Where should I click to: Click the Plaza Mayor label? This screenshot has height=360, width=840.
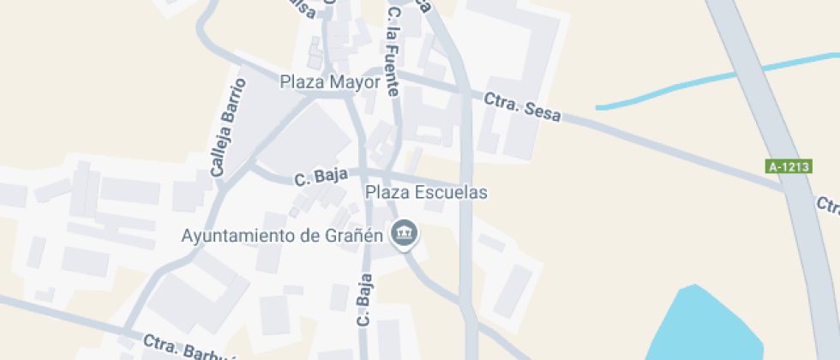(x=330, y=82)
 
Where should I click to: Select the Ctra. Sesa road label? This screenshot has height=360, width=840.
(x=522, y=108)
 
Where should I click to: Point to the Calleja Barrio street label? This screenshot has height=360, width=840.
(x=228, y=128)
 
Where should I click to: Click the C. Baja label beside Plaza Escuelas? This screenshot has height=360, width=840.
(x=321, y=177)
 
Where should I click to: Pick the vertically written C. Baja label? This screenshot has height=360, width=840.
(x=365, y=300)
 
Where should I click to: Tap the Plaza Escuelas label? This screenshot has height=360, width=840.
(x=426, y=192)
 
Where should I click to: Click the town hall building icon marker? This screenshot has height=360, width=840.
(x=403, y=233)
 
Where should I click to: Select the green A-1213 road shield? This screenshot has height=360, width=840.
(x=789, y=167)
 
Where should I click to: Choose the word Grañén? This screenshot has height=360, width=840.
(x=351, y=235)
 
